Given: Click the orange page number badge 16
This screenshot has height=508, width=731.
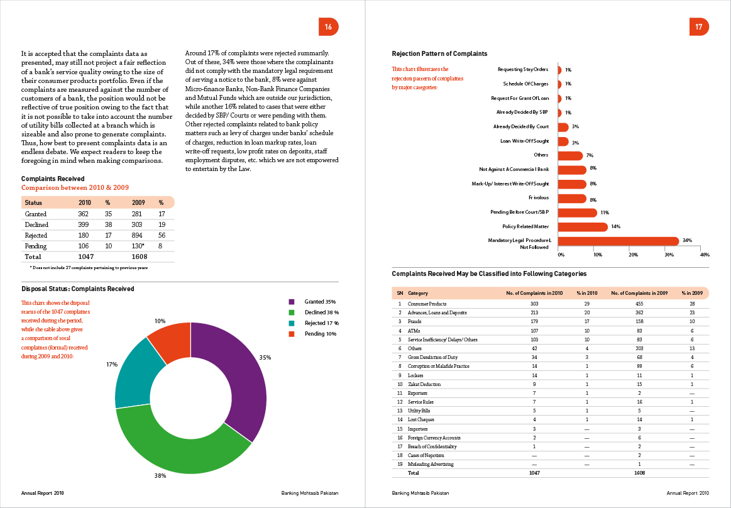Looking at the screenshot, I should pos(328,27).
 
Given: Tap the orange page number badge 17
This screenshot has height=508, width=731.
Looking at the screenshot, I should pos(698,27).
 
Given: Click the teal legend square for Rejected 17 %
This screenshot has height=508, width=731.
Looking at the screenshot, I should pos(292,323).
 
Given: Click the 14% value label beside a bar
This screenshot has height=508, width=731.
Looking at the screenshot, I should pos(616,226).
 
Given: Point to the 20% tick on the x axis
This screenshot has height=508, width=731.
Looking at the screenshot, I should pos(633,255).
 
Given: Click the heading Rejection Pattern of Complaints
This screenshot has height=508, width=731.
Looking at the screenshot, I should pos(439,54).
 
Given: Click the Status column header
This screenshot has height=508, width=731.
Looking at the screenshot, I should pos(33,203).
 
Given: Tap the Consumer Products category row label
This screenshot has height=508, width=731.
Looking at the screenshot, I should pos(427,304).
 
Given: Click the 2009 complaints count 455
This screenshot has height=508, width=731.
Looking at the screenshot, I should pos(639,304).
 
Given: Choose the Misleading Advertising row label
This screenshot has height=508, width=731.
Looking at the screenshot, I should pos(431,464).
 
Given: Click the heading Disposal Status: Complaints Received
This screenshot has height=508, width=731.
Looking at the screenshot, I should pos(77,289).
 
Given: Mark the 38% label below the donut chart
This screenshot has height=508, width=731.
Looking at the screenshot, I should pos(160,476).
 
